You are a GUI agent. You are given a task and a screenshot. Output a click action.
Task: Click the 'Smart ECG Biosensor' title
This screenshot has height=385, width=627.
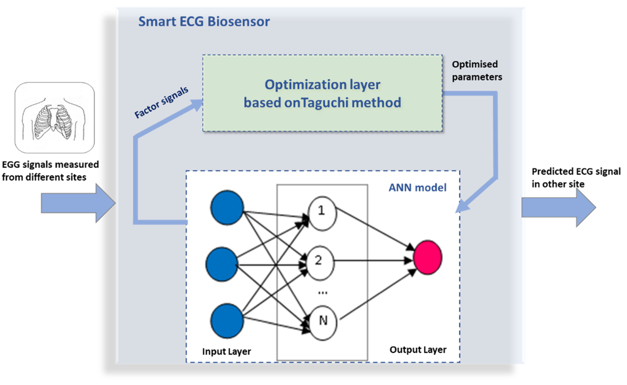(x=204, y=21)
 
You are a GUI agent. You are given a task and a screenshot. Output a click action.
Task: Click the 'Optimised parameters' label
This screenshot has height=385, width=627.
(x=476, y=71)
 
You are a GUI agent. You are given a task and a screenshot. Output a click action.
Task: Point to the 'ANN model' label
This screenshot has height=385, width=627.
(x=417, y=188)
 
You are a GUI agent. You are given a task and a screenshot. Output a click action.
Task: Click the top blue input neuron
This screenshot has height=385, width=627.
(x=227, y=207)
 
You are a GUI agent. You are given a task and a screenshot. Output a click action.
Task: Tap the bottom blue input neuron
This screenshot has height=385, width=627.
(x=227, y=321)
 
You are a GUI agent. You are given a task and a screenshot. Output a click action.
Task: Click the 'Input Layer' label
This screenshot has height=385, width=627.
(x=226, y=351)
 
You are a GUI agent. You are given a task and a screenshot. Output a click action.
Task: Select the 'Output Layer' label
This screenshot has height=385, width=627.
(x=418, y=350)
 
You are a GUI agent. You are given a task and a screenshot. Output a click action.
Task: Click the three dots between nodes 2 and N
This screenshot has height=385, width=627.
(x=323, y=293)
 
